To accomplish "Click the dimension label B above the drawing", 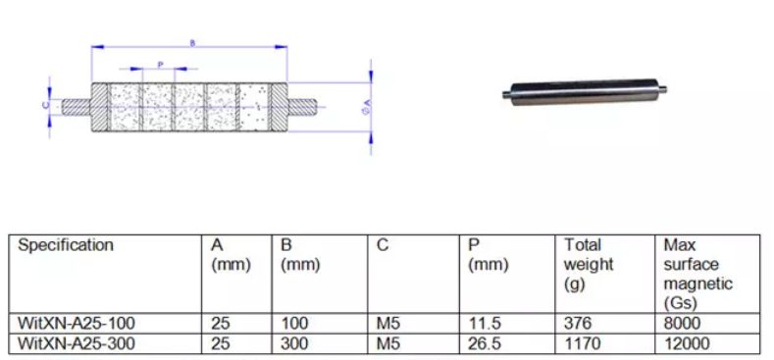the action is [192, 43].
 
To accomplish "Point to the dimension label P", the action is [160, 64].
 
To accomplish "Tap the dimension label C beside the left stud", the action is [45, 105].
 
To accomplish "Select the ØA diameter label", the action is [366, 106].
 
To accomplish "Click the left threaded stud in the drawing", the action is [76, 107].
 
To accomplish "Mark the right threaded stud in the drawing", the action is [301, 107].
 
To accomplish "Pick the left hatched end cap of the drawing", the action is [99, 107].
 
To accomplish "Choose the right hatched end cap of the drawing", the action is [279, 107].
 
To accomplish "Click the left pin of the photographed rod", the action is [506, 94].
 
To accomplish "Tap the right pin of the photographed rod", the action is [662, 90].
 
